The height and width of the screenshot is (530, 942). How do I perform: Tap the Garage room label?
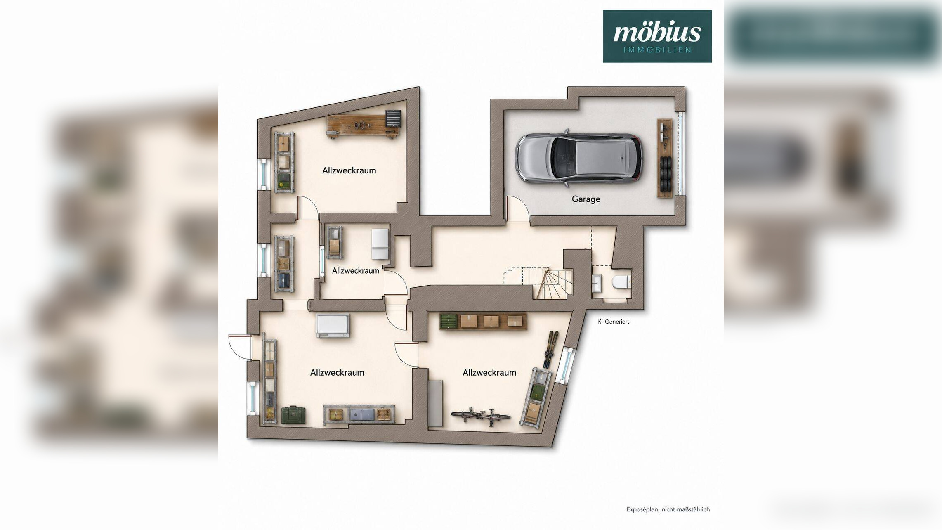[x=586, y=199]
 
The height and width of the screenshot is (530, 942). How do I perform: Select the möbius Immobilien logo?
[x=657, y=36]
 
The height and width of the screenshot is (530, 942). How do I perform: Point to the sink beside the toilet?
[x=597, y=284]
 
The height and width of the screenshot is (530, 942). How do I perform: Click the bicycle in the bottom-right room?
[x=481, y=416]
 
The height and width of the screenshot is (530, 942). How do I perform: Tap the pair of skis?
[x=550, y=349]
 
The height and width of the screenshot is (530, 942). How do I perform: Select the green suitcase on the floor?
[x=293, y=415]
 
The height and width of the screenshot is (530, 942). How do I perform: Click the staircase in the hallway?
[x=538, y=282]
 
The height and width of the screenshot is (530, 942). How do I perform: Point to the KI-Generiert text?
[x=613, y=322]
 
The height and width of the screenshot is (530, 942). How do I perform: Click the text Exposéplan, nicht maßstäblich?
[x=668, y=509]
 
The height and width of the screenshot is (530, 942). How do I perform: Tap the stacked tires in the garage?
[x=665, y=173]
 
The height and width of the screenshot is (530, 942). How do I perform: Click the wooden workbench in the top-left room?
[x=363, y=126]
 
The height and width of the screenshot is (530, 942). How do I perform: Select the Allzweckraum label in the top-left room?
[x=349, y=170]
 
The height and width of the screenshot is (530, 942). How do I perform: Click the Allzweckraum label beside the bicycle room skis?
[x=489, y=373]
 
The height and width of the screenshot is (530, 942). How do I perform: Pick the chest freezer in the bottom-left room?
[x=333, y=325]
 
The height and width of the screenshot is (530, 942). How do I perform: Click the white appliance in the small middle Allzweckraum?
[x=380, y=244]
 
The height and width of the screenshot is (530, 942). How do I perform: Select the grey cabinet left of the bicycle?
[x=435, y=403]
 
